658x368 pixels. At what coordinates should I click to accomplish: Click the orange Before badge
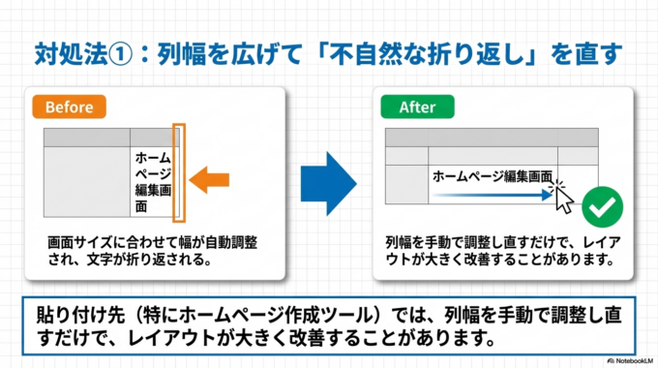coord(69,107)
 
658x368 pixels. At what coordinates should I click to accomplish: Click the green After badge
coord(417,107)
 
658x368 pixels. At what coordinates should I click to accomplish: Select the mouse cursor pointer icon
coord(564,198)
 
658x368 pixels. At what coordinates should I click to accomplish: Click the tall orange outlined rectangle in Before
coord(179,170)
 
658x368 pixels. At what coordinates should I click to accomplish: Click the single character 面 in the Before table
coord(141,207)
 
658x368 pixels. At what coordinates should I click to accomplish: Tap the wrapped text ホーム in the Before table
coord(154,157)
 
